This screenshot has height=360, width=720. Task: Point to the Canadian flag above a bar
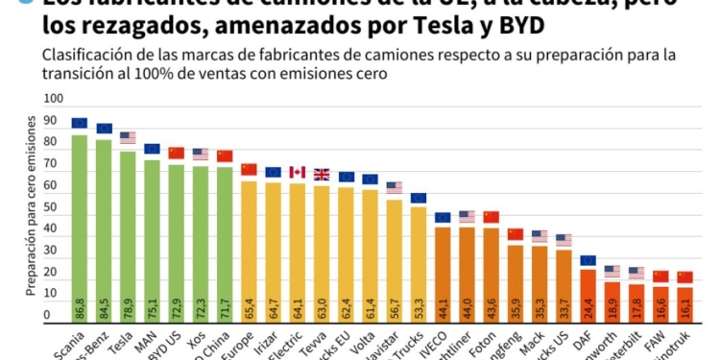(298, 173)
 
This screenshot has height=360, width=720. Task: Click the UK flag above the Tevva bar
(322, 175)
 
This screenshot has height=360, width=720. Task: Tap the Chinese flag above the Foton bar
(492, 217)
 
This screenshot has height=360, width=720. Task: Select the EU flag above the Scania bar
(80, 123)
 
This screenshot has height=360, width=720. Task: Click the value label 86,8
(80, 308)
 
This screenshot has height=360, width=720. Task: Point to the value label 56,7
(394, 308)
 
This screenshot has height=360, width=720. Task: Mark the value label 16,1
(684, 308)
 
